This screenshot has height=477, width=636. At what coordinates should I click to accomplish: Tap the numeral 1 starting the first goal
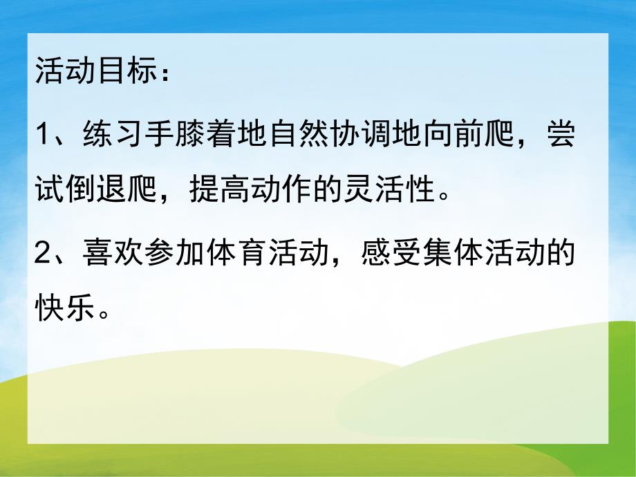[43, 131]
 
